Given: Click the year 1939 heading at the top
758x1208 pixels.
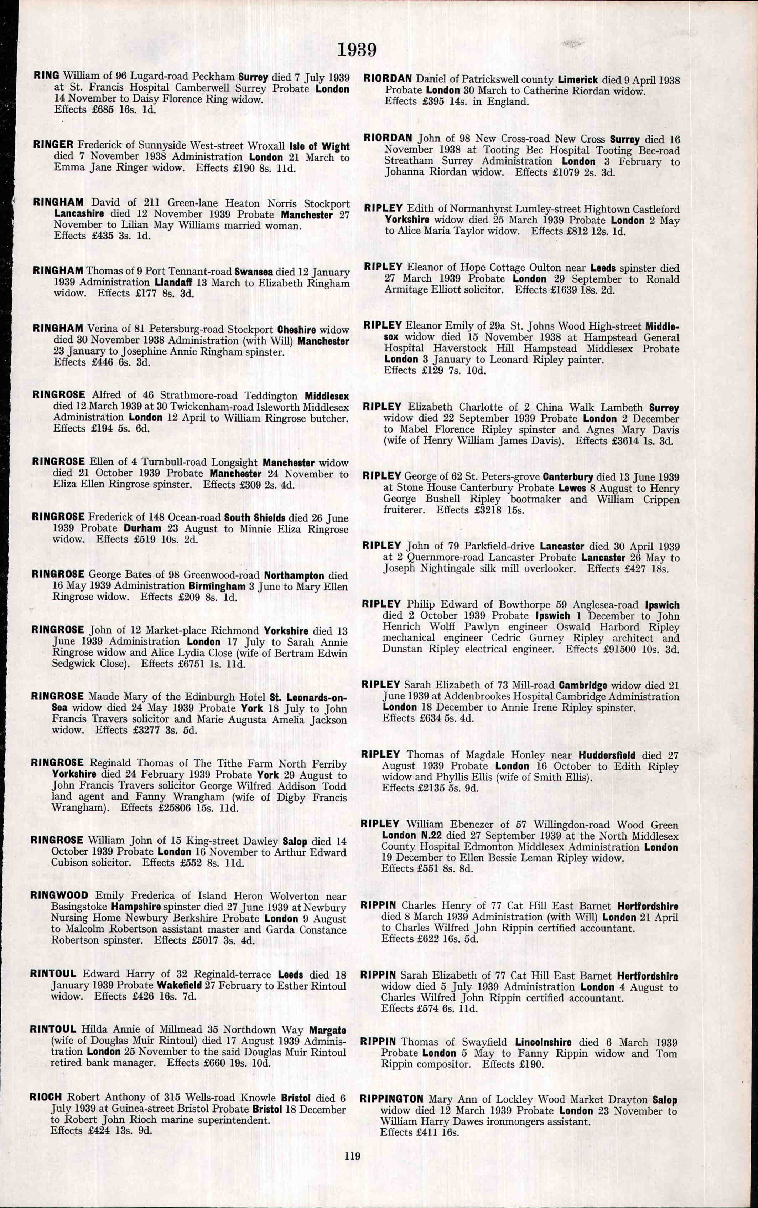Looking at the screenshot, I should coord(357,50).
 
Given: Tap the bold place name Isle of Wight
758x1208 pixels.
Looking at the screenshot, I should coord(320,146).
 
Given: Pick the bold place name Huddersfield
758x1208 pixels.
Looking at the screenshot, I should coord(607,755).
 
